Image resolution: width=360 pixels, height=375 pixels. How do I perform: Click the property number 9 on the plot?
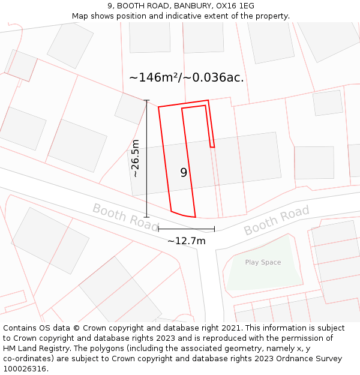(184, 173)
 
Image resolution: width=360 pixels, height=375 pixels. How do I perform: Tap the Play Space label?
(263, 262)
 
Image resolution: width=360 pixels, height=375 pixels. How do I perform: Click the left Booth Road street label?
(125, 217)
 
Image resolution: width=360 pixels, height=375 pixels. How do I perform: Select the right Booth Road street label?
(277, 220)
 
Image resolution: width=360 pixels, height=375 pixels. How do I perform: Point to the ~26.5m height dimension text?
(136, 158)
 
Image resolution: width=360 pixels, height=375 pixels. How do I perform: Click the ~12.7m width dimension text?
(186, 241)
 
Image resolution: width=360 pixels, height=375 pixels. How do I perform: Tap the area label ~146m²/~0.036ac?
(187, 77)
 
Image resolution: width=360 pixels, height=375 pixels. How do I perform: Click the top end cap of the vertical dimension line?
(147, 101)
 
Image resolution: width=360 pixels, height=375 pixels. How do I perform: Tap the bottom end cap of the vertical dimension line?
(147, 217)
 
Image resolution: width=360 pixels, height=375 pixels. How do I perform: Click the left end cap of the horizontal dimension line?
(158, 229)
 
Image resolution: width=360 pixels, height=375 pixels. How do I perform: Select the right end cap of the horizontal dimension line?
(214, 229)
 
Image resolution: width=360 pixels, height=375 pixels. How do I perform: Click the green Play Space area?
(264, 276)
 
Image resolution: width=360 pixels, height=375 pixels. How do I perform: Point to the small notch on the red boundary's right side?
(212, 146)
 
